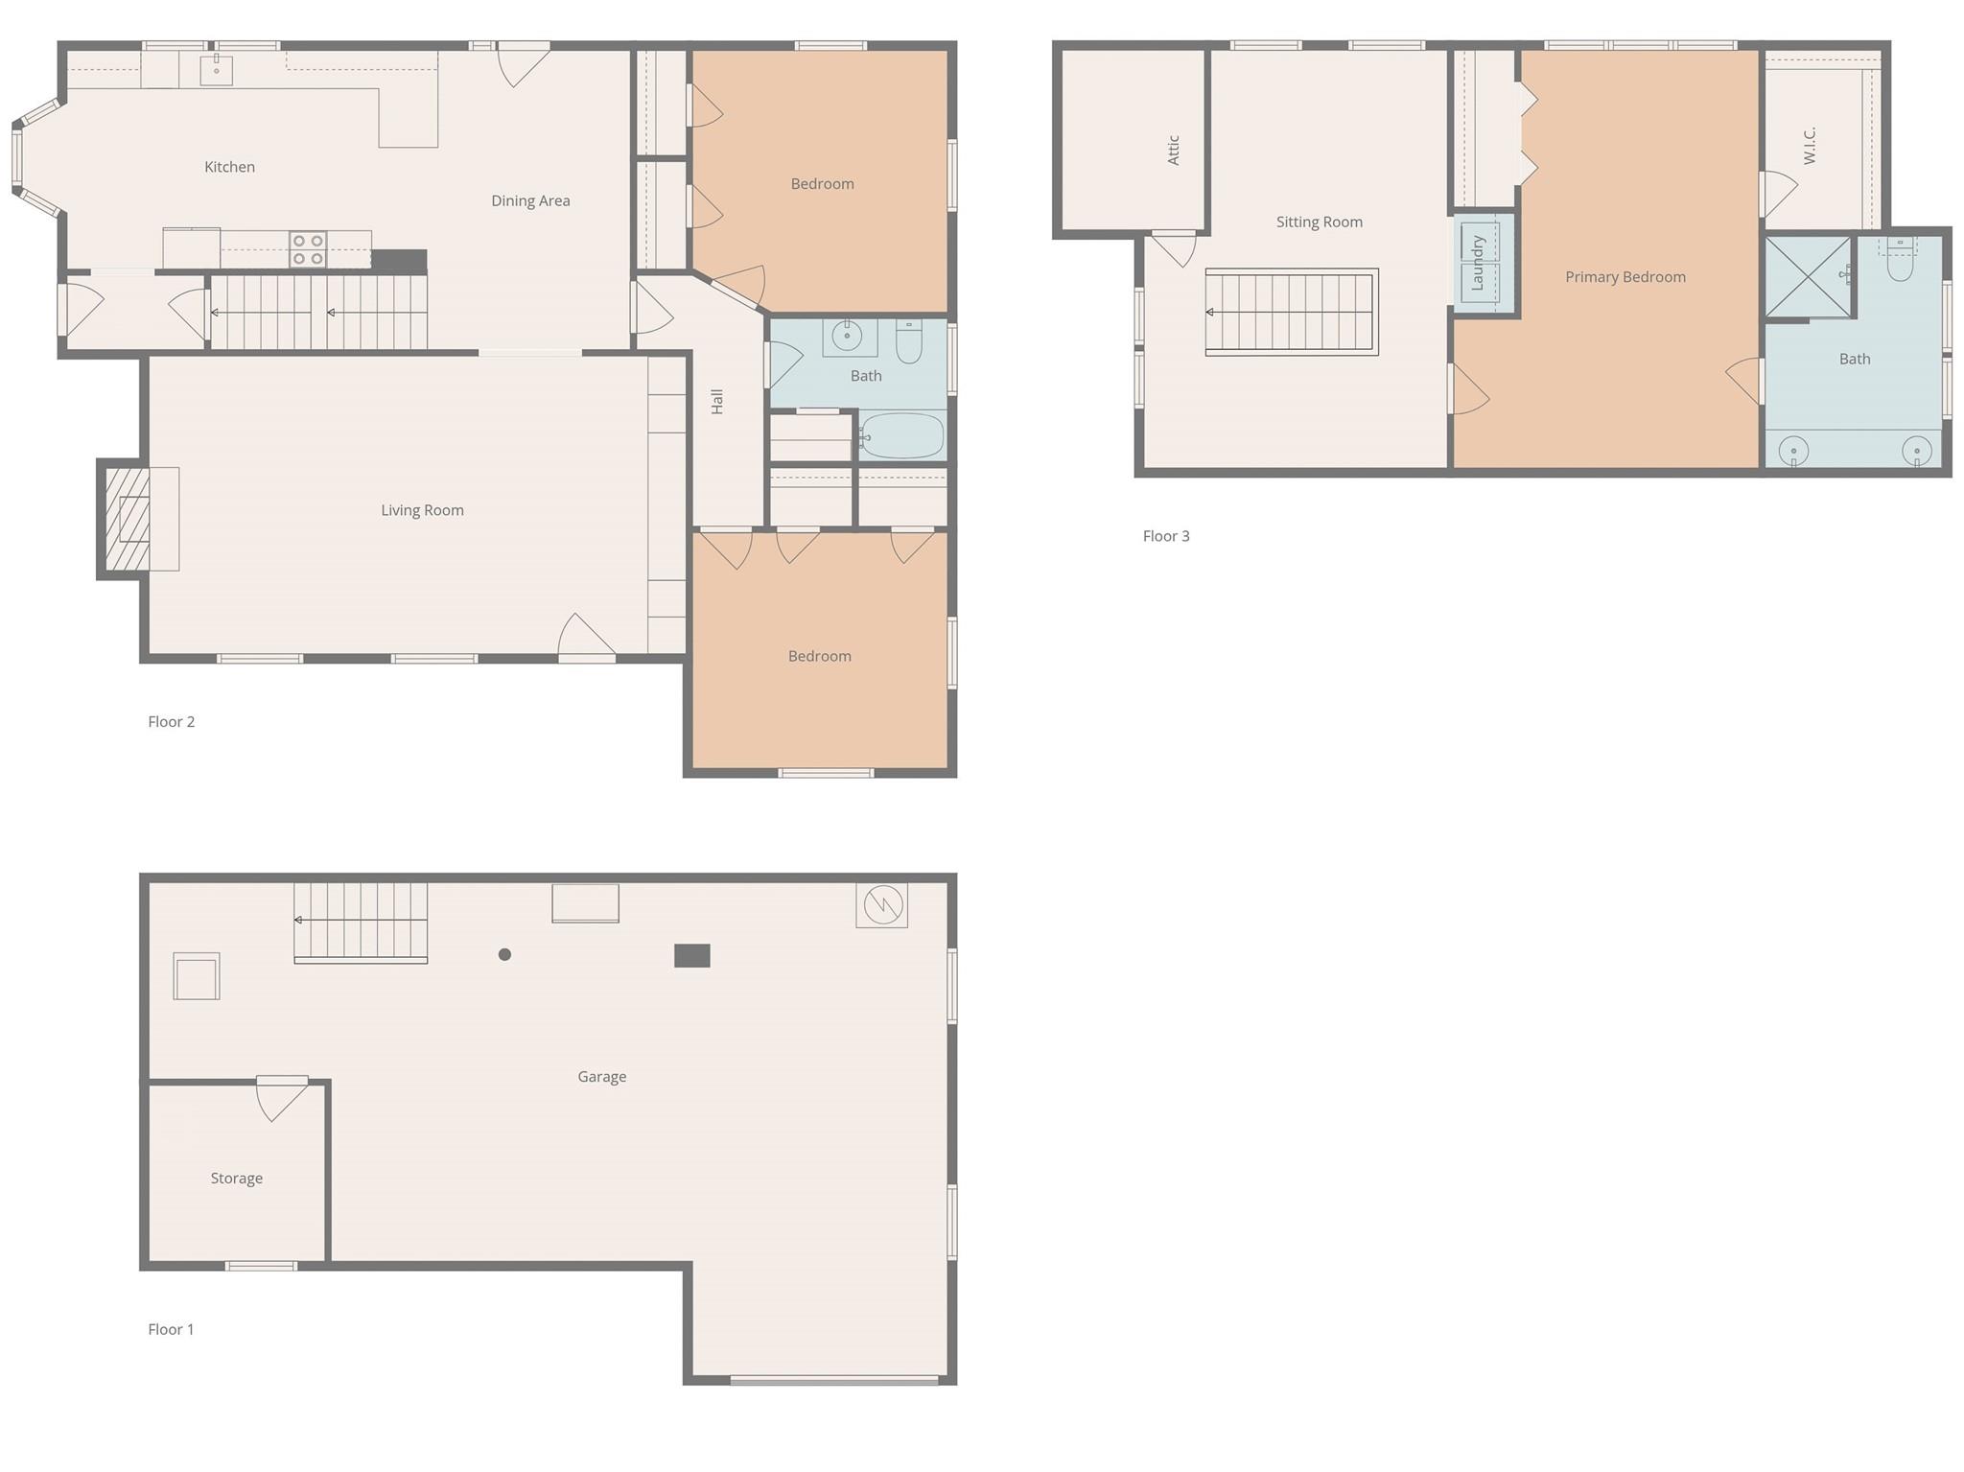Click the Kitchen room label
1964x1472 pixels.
tap(229, 167)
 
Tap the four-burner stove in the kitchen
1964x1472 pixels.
tap(308, 249)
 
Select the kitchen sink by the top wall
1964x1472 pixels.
tap(217, 70)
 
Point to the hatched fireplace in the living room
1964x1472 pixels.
tap(128, 519)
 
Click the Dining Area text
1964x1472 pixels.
tap(530, 200)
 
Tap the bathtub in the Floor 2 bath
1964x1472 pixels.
tap(902, 436)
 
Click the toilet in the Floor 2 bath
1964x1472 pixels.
tap(909, 341)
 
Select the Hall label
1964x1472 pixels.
tap(717, 402)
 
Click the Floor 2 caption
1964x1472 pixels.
tap(171, 721)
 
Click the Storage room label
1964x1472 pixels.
tap(236, 1179)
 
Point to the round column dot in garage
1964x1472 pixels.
tap(504, 954)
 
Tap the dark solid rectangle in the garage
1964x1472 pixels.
tap(691, 955)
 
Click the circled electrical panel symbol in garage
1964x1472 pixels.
tap(882, 904)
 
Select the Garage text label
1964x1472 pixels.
tap(601, 1077)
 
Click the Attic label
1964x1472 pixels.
tap(1173, 150)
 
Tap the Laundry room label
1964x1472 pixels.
tap(1478, 263)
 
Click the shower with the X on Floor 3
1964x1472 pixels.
tap(1808, 277)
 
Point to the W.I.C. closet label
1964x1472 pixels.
tap(1810, 146)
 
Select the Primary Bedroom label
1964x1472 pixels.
tap(1625, 277)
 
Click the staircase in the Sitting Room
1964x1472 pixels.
tap(1291, 313)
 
